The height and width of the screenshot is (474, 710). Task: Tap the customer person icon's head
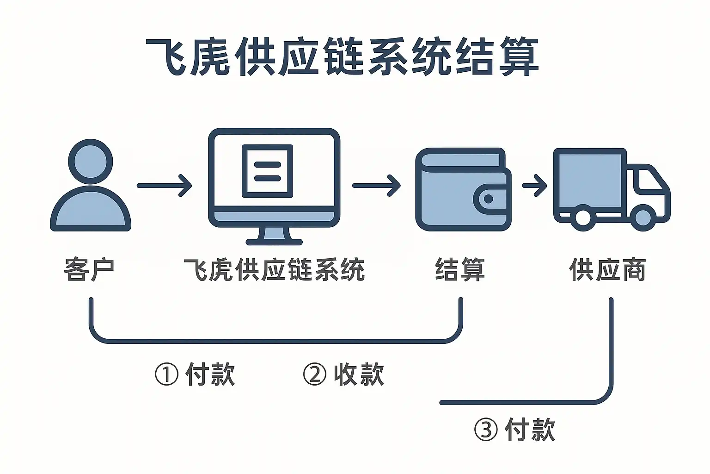click(x=91, y=162)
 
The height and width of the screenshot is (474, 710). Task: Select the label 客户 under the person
click(x=89, y=269)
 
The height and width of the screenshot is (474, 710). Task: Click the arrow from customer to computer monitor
click(x=164, y=186)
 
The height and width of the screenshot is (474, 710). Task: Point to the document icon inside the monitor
click(x=268, y=171)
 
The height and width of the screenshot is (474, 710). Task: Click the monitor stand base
click(x=274, y=241)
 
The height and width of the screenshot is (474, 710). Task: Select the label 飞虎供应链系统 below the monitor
click(x=274, y=269)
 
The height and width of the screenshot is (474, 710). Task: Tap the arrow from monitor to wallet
click(x=376, y=186)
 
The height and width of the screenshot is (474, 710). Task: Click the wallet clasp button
click(x=489, y=200)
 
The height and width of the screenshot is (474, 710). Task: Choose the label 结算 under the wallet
click(x=460, y=269)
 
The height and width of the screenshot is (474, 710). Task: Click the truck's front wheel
click(x=643, y=217)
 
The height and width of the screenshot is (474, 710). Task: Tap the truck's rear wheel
click(x=582, y=217)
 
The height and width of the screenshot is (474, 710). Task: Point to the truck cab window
click(x=649, y=181)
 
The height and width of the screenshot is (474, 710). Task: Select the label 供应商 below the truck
click(x=607, y=269)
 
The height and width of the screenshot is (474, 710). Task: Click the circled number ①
click(x=166, y=374)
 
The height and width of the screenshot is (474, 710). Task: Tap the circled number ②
click(x=315, y=374)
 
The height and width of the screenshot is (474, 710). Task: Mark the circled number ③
click(x=486, y=430)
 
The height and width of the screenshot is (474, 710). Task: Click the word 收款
click(x=359, y=374)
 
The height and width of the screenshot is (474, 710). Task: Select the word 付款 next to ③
click(x=530, y=430)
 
